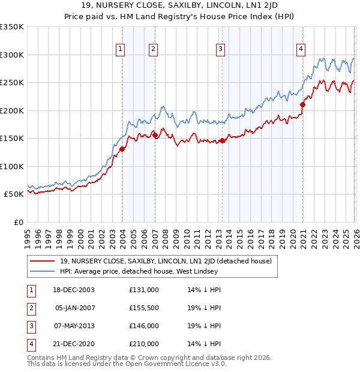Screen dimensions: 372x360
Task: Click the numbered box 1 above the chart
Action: (121, 49)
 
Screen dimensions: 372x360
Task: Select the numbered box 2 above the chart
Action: (154, 49)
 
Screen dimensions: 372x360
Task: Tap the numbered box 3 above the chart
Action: (221, 49)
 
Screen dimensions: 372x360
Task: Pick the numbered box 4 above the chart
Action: (301, 49)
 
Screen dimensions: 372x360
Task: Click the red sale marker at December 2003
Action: (122, 149)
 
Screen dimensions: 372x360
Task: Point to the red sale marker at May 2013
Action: (222, 140)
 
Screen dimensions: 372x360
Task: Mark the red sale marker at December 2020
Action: (302, 104)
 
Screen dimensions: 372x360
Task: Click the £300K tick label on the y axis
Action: (12, 55)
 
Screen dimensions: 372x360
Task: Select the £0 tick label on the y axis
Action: (18, 222)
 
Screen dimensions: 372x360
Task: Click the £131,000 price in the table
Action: (144, 290)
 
